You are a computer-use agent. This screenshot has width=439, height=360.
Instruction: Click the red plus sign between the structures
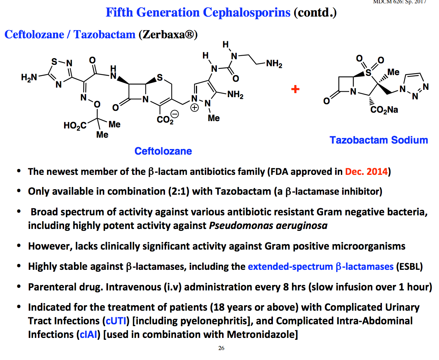click(x=295, y=89)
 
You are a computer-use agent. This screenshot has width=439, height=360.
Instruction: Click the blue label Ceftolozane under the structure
click(x=163, y=151)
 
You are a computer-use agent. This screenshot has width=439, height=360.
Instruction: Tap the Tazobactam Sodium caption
click(x=379, y=140)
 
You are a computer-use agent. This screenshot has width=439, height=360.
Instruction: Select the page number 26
click(x=221, y=348)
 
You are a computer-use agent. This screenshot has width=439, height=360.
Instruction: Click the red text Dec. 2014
click(x=366, y=172)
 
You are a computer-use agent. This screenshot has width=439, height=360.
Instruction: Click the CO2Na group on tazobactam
click(x=384, y=110)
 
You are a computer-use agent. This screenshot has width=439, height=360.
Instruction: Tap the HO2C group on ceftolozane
click(x=75, y=126)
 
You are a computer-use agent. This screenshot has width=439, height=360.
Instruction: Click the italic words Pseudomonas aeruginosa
click(x=268, y=226)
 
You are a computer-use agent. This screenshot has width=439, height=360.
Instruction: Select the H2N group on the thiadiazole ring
click(x=29, y=77)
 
